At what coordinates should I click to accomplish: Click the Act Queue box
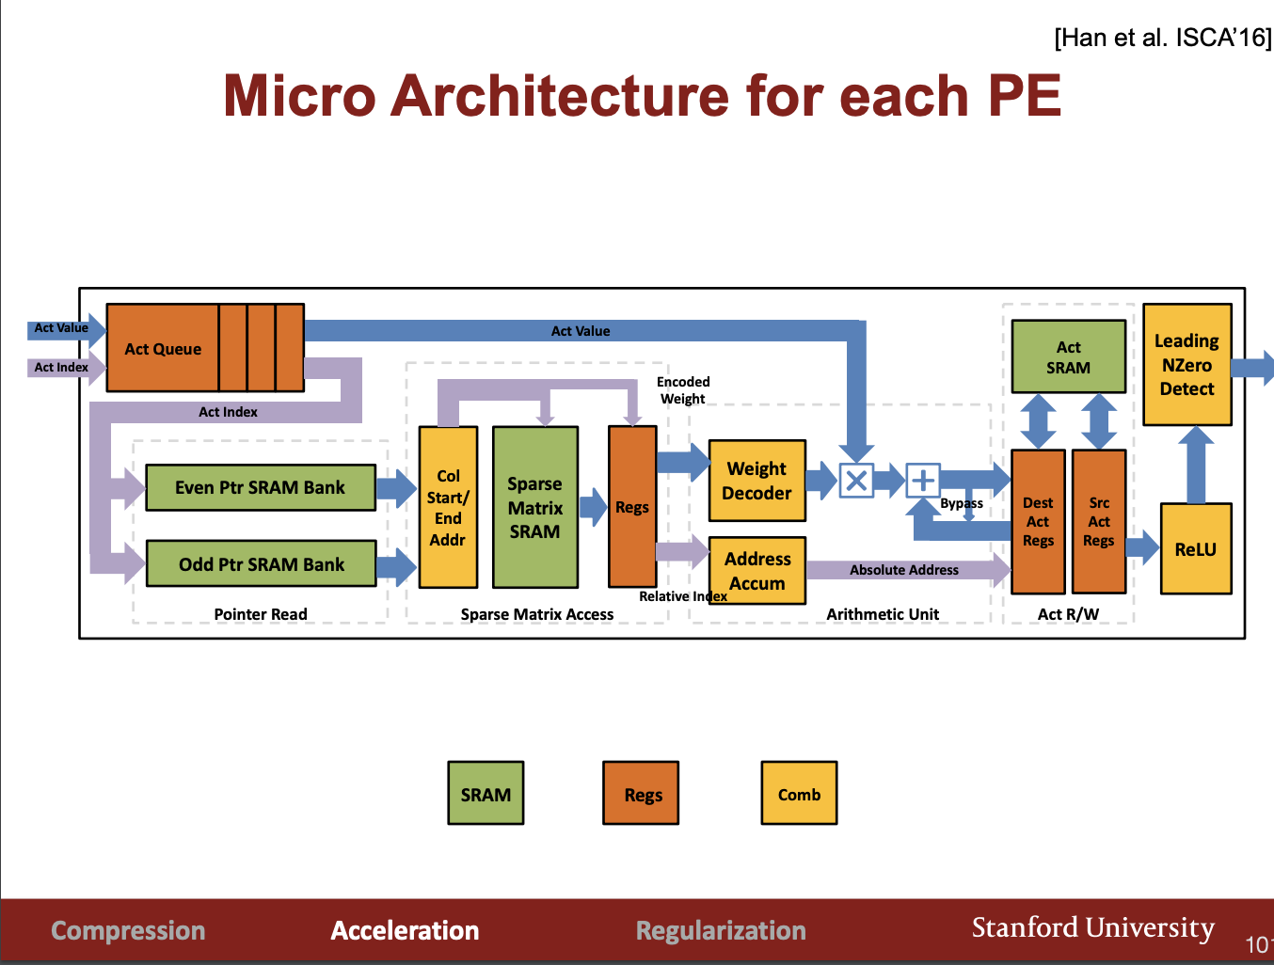point(205,348)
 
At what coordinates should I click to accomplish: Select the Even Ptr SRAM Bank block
point(261,487)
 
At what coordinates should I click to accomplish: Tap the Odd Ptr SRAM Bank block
point(262,563)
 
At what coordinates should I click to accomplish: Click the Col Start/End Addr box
point(448,508)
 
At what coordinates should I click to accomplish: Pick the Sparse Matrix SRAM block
point(535,508)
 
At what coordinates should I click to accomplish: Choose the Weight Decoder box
point(756,481)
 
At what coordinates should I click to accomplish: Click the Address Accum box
point(756,571)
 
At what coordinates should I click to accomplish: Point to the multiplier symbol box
point(856,481)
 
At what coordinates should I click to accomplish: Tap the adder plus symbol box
point(923,481)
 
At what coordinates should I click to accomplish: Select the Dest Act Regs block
point(1038,521)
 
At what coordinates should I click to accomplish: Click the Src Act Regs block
point(1099,521)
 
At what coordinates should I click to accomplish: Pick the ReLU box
point(1196,548)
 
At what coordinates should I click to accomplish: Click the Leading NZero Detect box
point(1186,364)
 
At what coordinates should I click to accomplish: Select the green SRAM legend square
point(486,793)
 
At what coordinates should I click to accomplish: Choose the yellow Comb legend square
point(799,793)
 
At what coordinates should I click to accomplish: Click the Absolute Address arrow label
point(903,570)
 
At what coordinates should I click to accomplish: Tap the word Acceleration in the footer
point(405,931)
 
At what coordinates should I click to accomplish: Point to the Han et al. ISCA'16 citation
point(1163,38)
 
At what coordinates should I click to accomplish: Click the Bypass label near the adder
point(962,503)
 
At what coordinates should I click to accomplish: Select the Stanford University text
point(1093,927)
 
